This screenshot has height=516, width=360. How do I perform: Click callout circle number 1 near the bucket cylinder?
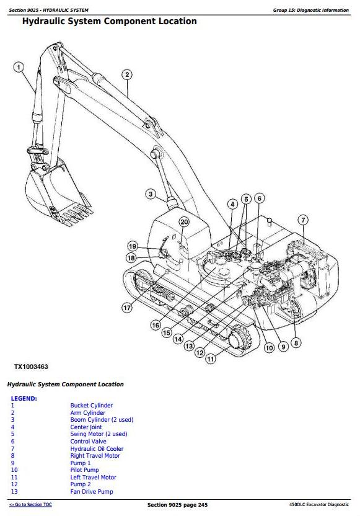click(19, 68)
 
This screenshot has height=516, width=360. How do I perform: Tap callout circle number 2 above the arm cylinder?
click(127, 74)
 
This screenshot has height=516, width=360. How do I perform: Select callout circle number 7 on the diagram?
click(303, 220)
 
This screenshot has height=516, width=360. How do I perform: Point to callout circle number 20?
click(184, 222)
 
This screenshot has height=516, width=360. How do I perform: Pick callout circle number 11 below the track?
click(211, 358)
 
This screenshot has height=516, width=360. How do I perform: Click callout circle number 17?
click(127, 308)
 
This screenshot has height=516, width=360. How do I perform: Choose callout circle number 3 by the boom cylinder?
click(151, 194)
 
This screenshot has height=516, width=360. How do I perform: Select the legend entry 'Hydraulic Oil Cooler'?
click(97, 448)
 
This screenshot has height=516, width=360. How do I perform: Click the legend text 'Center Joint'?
click(86, 427)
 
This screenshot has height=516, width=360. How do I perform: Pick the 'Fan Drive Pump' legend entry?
click(92, 491)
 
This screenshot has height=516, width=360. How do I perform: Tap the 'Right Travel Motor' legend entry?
click(95, 455)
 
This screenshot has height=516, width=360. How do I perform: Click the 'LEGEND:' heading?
click(24, 399)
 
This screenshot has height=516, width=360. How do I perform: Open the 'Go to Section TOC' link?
click(30, 504)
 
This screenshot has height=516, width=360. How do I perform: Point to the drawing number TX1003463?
click(31, 367)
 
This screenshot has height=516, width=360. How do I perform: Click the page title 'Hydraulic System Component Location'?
click(110, 21)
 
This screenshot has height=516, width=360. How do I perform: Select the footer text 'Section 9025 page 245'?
click(178, 504)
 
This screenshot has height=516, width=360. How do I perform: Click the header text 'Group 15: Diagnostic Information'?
click(310, 10)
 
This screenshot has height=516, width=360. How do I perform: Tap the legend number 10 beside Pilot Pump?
click(14, 470)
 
